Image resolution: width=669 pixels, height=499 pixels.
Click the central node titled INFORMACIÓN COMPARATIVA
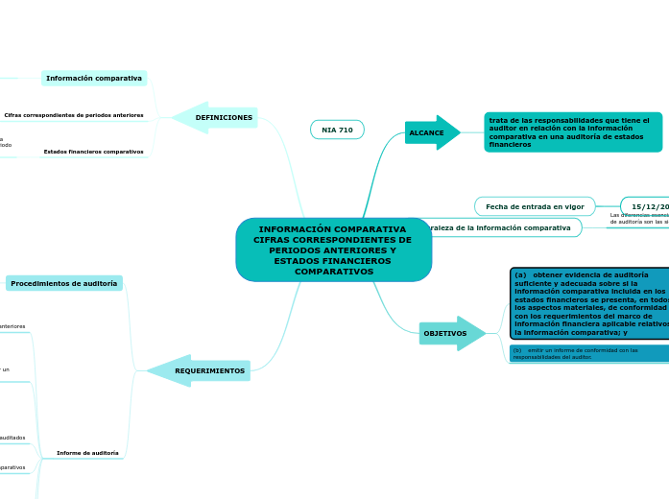333,249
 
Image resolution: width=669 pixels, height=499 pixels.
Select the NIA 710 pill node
337,130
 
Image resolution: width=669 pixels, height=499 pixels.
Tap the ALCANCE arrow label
427,132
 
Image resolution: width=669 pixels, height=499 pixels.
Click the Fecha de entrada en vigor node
535,206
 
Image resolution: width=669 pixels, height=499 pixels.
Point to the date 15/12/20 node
648,206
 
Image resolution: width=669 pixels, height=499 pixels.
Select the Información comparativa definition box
94,78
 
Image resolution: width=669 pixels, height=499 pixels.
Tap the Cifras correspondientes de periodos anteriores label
74,115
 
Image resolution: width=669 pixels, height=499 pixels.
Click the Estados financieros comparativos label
93,152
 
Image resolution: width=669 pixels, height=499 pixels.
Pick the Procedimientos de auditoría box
64,284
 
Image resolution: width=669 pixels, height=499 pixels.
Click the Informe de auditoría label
87,453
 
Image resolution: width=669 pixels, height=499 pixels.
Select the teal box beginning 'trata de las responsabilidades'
573,132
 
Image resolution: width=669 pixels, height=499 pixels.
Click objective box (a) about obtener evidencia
589,303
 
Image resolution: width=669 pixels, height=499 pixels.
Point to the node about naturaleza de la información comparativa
499,227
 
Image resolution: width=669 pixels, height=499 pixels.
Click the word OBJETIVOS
445,333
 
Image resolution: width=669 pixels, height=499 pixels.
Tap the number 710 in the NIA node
345,130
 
